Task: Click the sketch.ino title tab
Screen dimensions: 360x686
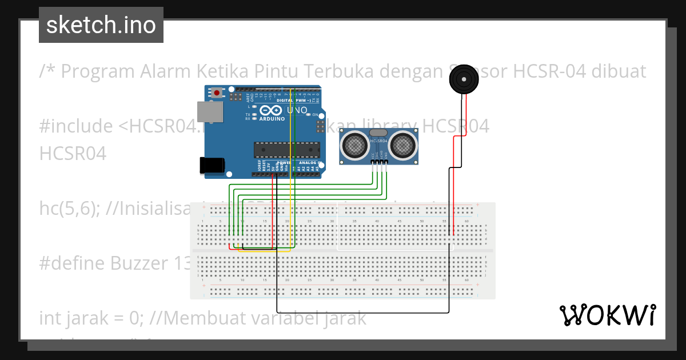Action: pyautogui.click(x=101, y=25)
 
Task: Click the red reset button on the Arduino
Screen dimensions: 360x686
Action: pyautogui.click(x=217, y=91)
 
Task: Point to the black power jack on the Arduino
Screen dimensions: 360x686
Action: pyautogui.click(x=211, y=165)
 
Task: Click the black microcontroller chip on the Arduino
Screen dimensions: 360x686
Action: pyautogui.click(x=287, y=149)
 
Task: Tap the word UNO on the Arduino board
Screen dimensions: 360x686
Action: pyautogui.click(x=297, y=110)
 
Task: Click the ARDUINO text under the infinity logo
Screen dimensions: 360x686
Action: pyautogui.click(x=272, y=119)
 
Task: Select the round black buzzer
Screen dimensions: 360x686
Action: pyautogui.click(x=464, y=79)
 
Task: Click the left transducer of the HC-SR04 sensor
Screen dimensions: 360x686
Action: pyautogui.click(x=355, y=144)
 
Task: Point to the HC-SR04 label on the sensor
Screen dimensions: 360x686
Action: pyautogui.click(x=379, y=141)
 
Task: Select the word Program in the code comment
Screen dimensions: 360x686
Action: pyautogui.click(x=95, y=71)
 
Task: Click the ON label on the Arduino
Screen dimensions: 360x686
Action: pyautogui.click(x=315, y=115)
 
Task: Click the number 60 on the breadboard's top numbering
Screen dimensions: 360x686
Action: pyautogui.click(x=467, y=221)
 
